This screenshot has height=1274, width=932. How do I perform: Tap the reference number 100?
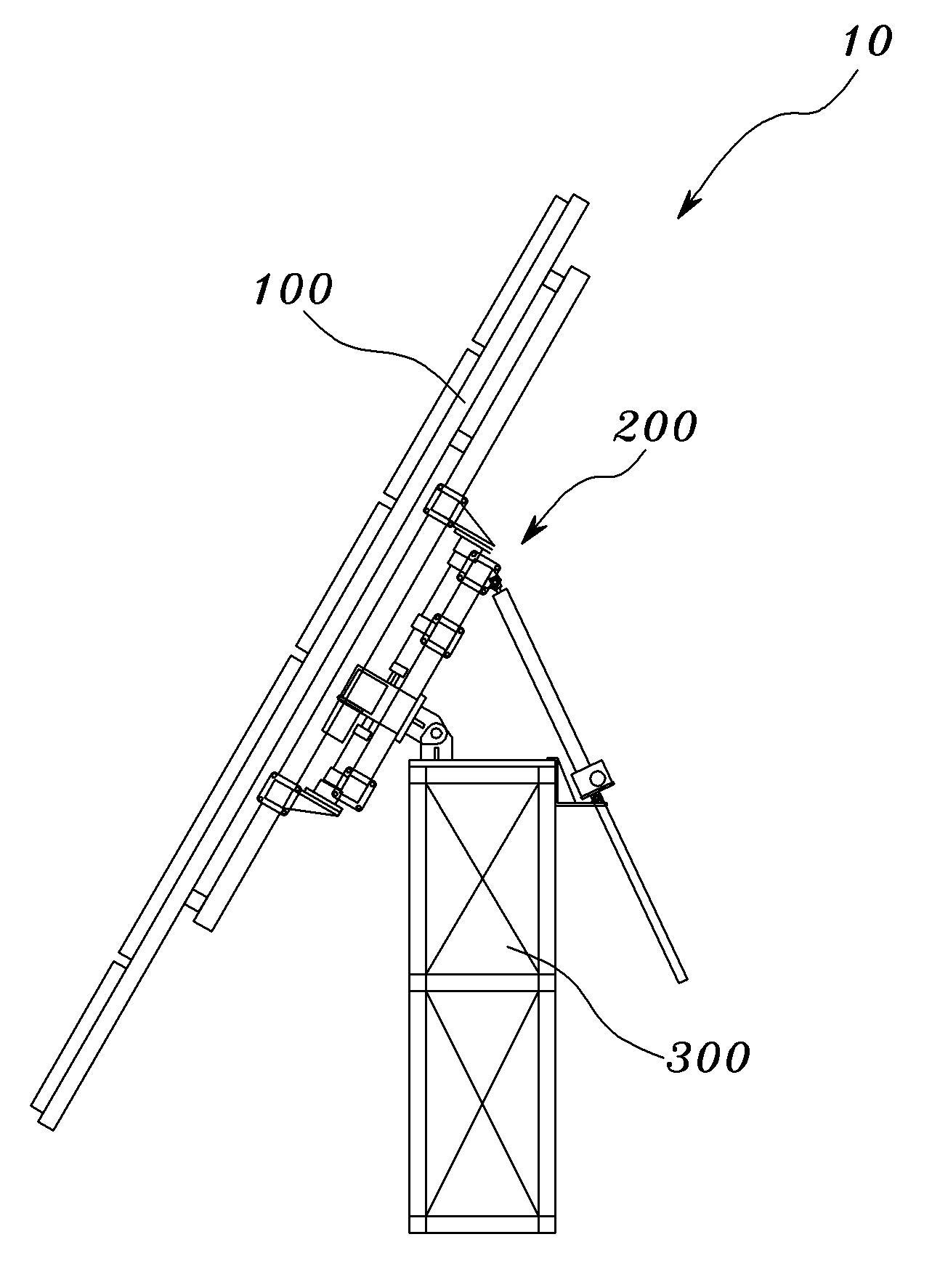pos(293,291)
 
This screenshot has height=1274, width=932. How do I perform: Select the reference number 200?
pos(655,427)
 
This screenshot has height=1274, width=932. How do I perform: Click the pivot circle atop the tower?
pos(437,733)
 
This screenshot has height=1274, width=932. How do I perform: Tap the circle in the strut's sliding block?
pos(597,778)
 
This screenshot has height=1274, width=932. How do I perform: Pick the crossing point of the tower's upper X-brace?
pos(482,880)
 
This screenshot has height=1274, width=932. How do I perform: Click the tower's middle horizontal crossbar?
pos(482,982)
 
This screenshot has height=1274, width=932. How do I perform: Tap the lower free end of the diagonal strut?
pos(681,979)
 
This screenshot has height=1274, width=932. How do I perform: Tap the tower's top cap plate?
pos(482,762)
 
